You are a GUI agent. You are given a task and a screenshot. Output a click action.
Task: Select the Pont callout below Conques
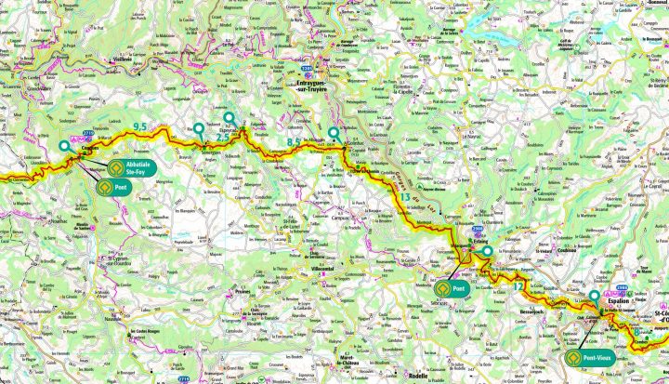tap(116, 185)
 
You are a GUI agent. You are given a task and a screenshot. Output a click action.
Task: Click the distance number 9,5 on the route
tap(141, 126)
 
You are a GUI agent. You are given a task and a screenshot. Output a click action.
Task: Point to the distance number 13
tap(404, 197)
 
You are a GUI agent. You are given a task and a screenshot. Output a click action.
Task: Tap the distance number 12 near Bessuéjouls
tap(518, 285)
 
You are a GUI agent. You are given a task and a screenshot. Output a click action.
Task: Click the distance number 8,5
tap(294, 141)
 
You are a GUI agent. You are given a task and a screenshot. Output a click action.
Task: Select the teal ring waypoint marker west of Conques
tap(63, 146)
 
